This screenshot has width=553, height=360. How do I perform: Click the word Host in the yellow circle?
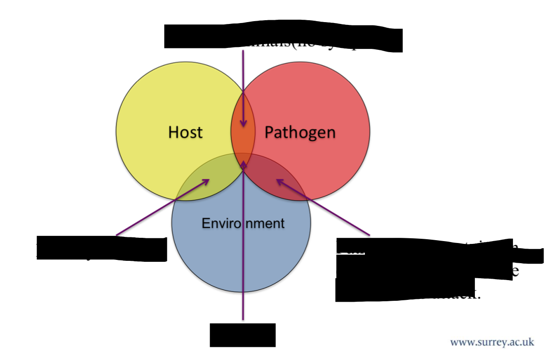(x=185, y=132)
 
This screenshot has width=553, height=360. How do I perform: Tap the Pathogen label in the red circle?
(x=300, y=133)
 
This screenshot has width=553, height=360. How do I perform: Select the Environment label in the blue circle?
(x=243, y=223)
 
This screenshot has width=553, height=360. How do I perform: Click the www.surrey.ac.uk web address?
(x=492, y=342)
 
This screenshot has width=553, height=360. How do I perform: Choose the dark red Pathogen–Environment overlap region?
(x=273, y=176)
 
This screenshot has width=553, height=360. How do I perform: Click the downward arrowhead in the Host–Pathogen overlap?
(x=243, y=123)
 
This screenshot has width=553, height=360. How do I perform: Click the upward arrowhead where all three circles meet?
(x=243, y=164)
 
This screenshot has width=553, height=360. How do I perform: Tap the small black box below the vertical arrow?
(x=242, y=335)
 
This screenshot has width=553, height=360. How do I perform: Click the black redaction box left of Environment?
(x=102, y=249)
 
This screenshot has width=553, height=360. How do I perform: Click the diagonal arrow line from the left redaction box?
(x=160, y=209)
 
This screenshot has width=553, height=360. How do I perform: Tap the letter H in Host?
(x=173, y=132)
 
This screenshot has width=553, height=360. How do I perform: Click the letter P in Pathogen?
(x=269, y=132)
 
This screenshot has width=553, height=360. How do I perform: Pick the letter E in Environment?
(x=205, y=223)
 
